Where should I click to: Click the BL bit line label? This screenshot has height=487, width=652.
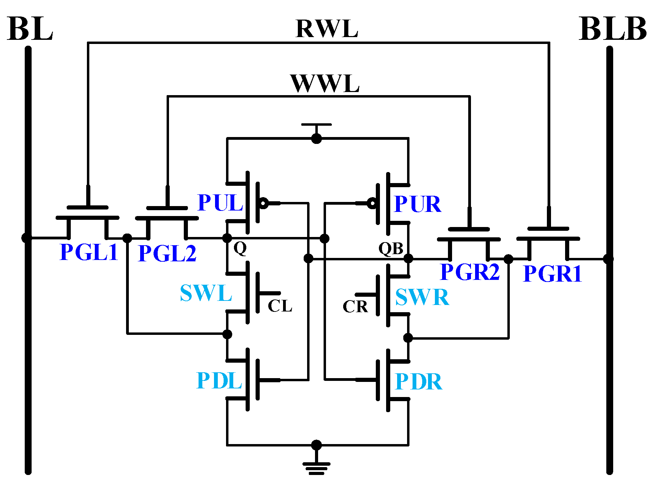click(30, 29)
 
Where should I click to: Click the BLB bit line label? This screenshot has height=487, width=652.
click(612, 29)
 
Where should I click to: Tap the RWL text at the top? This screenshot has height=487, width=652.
click(327, 29)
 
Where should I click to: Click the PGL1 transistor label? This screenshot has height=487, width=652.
click(89, 252)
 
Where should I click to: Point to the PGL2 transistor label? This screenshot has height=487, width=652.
click(167, 253)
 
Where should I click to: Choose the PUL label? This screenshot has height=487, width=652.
click(220, 203)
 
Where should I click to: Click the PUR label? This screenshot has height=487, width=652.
click(417, 204)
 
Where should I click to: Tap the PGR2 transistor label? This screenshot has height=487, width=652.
click(470, 272)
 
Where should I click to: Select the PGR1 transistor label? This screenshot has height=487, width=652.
click(552, 274)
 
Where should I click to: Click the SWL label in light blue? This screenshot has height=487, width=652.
click(206, 293)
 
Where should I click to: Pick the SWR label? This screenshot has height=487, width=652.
click(422, 297)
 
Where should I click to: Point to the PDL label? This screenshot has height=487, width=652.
click(219, 381)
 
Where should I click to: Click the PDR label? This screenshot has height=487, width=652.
click(418, 382)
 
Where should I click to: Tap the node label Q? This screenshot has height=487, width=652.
click(240, 248)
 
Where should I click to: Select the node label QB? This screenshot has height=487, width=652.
click(391, 248)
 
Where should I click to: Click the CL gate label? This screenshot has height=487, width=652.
click(280, 306)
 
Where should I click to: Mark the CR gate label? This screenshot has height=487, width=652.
click(355, 307)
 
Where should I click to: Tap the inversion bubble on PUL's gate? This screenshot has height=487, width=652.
click(263, 203)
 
